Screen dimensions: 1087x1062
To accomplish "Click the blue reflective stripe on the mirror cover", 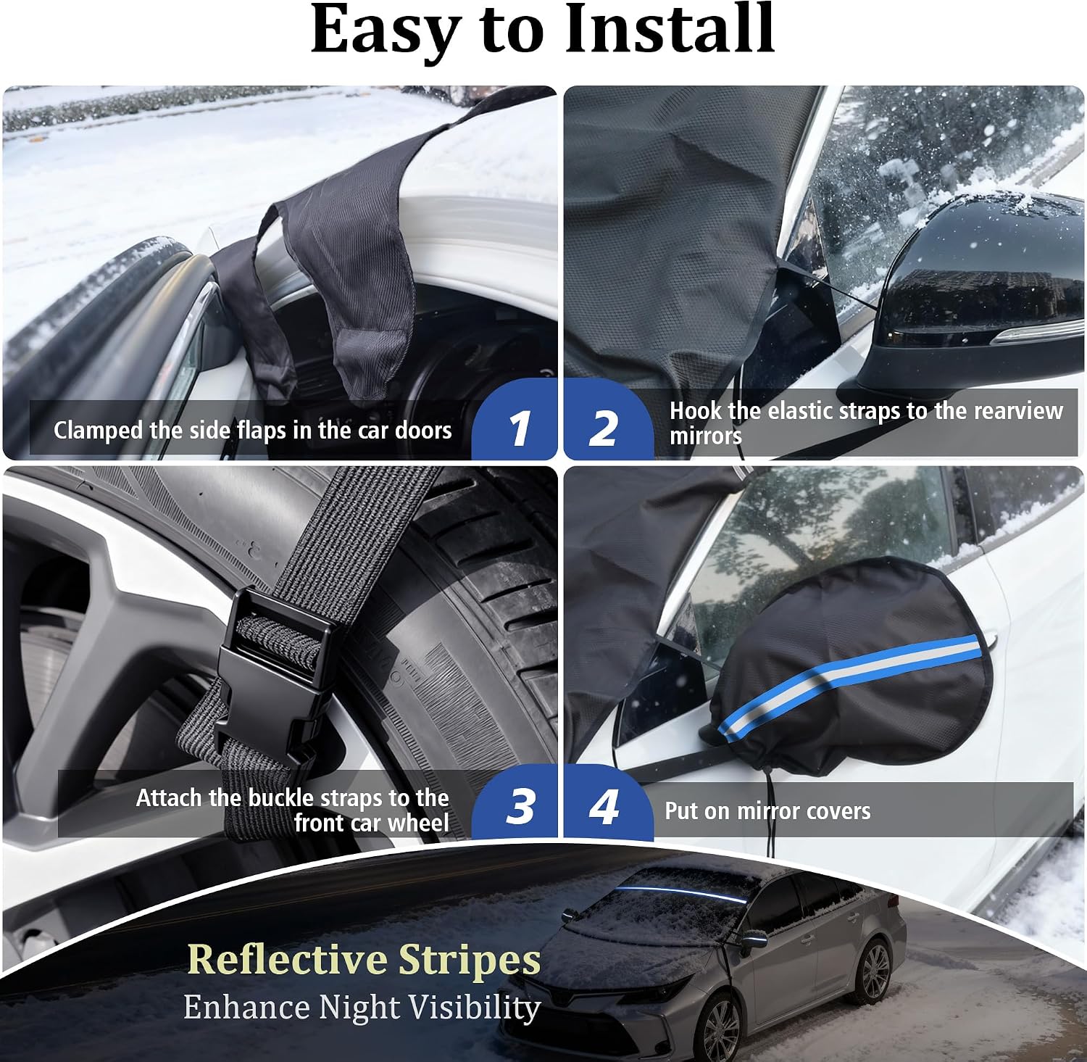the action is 848,680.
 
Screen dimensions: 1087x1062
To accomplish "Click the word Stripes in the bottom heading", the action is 470,961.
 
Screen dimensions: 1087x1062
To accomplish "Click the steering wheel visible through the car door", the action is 435,362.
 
